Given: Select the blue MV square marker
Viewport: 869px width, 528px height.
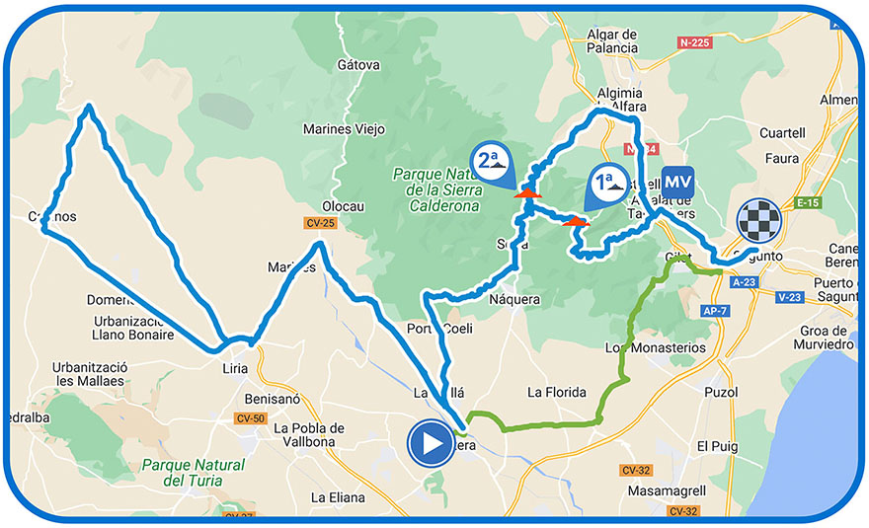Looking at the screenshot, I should pos(676,184).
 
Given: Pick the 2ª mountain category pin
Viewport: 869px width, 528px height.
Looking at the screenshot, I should pos(494,162).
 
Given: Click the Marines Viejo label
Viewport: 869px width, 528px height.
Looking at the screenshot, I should pos(343,129).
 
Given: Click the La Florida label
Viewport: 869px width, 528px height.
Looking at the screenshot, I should pos(557,392).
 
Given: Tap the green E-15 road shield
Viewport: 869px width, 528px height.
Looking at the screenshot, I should pos(808,203).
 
